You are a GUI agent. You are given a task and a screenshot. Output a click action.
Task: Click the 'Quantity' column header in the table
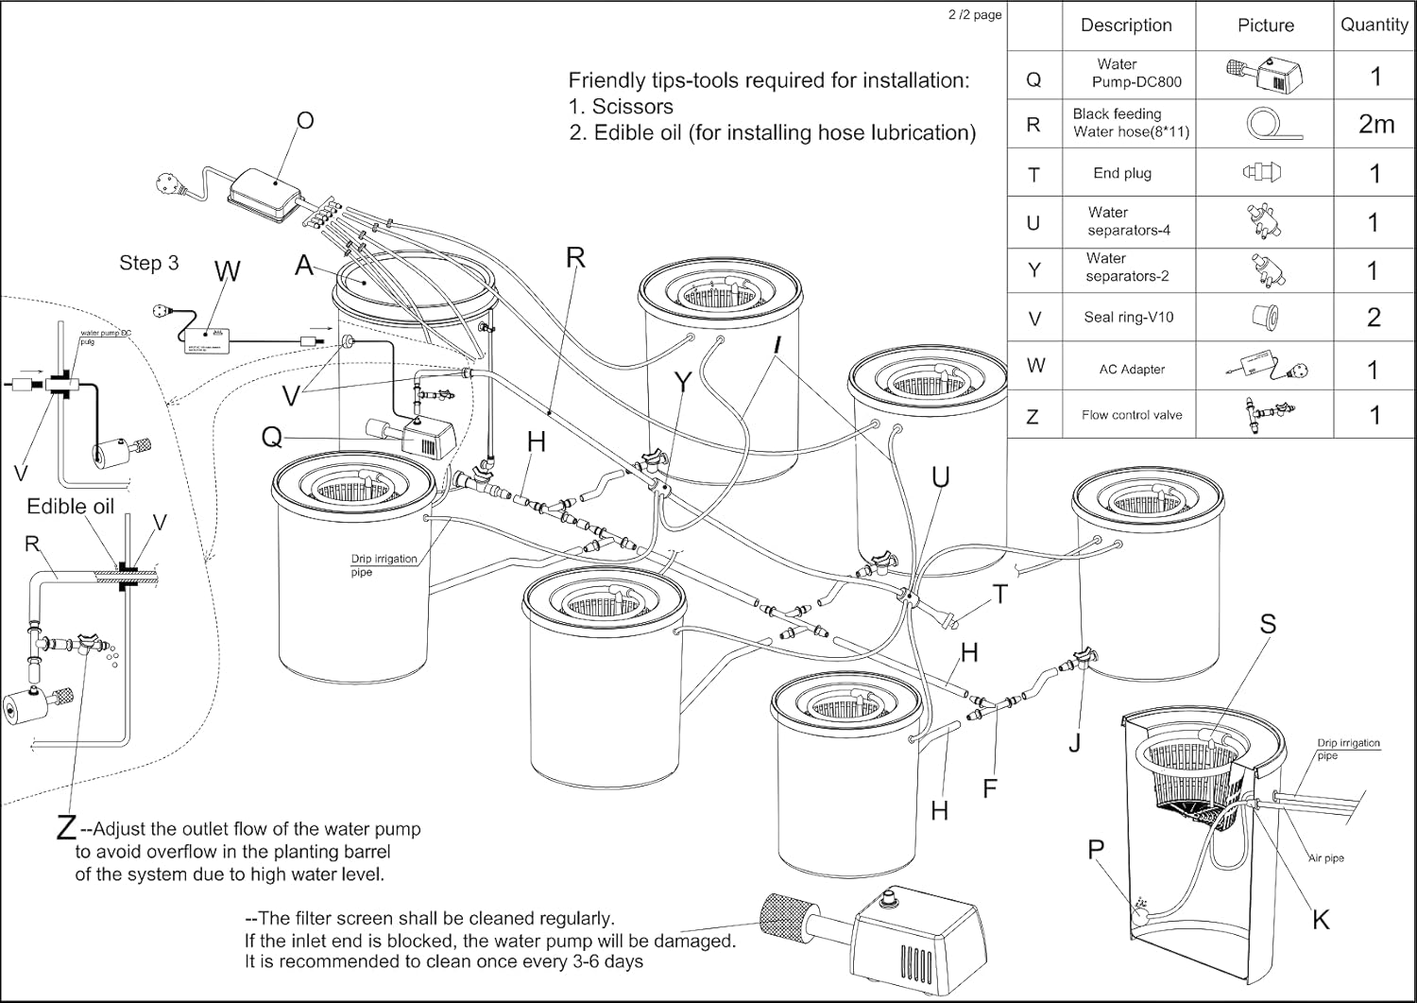pos(1374,26)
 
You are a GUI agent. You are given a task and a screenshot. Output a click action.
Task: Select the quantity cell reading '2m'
pos(1375,124)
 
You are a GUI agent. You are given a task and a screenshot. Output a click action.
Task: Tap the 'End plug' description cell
pos(1122,173)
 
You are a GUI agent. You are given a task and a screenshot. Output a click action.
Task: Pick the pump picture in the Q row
pos(1265,74)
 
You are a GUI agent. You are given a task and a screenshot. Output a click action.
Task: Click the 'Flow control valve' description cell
pos(1132,415)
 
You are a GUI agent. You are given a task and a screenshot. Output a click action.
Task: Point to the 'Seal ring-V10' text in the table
pos(1128,318)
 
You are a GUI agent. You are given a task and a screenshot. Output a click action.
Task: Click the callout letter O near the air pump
pos(305,121)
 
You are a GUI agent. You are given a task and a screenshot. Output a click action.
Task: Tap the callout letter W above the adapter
pos(227,272)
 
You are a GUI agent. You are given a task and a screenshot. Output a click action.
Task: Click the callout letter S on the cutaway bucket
pos(1268,624)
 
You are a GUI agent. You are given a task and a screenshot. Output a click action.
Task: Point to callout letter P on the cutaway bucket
pos(1096,850)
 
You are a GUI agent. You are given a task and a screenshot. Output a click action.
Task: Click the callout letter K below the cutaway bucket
pos(1321,919)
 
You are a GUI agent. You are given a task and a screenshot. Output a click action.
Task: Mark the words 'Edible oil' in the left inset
pos(70,507)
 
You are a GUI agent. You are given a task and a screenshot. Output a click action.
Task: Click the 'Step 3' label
pos(148,263)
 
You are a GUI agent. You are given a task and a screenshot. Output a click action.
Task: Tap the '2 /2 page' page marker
pos(975,15)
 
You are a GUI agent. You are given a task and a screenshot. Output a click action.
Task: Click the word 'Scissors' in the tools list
pos(632,107)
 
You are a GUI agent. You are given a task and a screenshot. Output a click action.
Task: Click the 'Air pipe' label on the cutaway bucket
pos(1326,858)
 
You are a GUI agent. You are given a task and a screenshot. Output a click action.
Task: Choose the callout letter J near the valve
pos(1075,743)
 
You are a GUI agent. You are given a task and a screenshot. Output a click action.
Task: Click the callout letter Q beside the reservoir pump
pos(272,437)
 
